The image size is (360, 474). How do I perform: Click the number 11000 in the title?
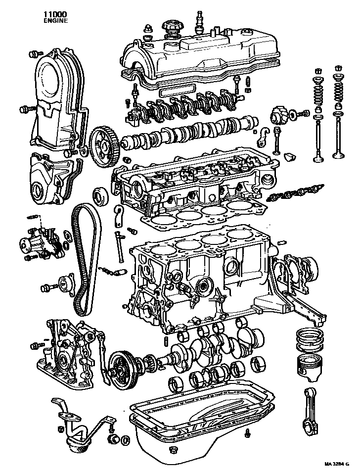pyautogui.click(x=55, y=14)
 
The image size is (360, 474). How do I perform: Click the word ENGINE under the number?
pyautogui.click(x=55, y=21)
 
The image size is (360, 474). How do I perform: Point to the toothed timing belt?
pyautogui.click(x=87, y=259)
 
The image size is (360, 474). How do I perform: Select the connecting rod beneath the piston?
pyautogui.click(x=311, y=415)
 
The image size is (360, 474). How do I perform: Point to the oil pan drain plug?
pyautogui.click(x=173, y=450)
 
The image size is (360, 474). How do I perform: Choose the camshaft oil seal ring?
pyautogui.click(x=101, y=195)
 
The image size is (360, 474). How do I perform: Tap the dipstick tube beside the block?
pyautogui.click(x=120, y=246)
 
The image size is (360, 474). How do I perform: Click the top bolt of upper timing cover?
pyautogui.click(x=35, y=54)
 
